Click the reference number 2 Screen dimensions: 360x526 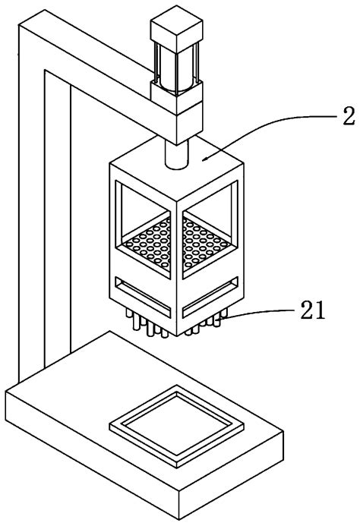[x=349, y=117]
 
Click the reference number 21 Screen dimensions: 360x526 [x=313, y=310]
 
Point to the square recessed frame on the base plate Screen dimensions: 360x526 [x=177, y=426]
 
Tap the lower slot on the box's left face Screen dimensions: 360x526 [x=143, y=298]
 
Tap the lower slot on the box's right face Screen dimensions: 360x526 [x=210, y=298]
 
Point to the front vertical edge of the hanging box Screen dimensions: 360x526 [x=177, y=267]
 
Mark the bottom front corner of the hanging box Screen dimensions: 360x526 [x=177, y=335]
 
